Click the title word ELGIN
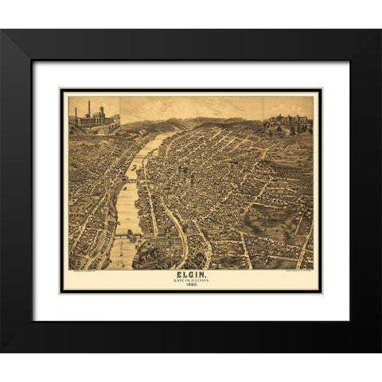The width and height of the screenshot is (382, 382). (x=191, y=275)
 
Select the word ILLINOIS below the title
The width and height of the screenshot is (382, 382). (x=200, y=281)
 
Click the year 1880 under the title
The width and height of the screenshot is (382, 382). (x=191, y=286)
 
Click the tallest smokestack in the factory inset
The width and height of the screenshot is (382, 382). (x=89, y=108)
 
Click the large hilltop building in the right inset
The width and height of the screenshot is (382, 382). (x=288, y=120)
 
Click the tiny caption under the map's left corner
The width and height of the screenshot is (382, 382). (x=82, y=271)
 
